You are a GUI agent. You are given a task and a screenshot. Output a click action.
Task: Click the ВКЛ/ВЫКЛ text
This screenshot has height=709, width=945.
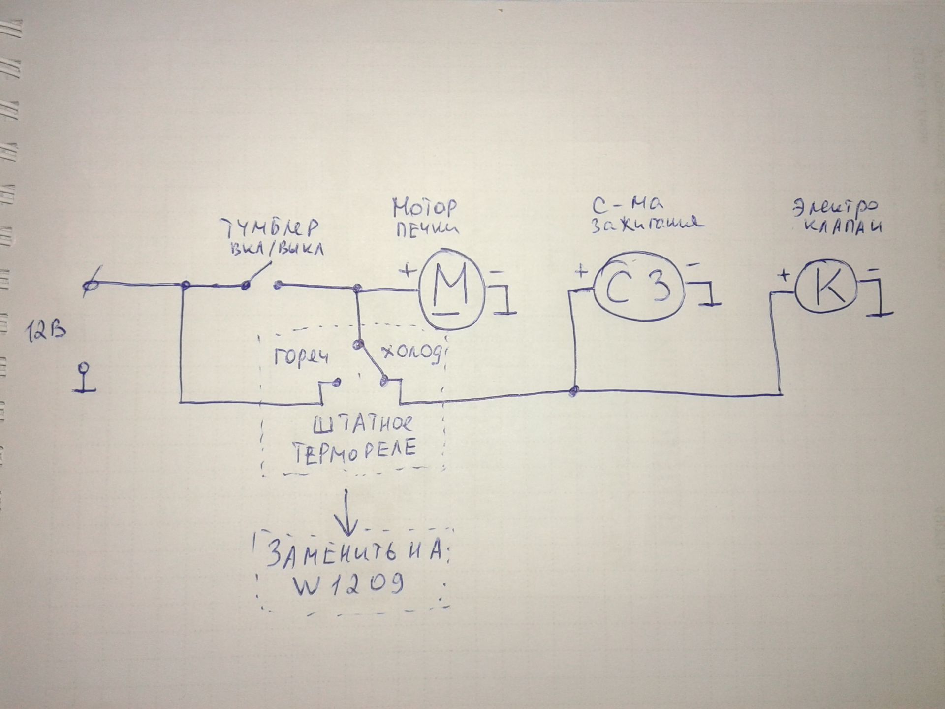[x=278, y=249]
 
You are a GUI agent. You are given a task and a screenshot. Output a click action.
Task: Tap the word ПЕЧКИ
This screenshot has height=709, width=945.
[x=426, y=229]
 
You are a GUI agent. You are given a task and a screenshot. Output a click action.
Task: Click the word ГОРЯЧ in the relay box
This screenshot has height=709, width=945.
[x=300, y=358]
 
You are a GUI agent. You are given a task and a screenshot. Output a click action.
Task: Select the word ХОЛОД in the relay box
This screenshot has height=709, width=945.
[x=411, y=353]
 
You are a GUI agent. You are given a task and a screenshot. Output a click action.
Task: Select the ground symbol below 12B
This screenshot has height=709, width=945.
[x=85, y=379]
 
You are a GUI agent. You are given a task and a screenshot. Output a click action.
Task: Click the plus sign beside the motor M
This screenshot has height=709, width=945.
[x=408, y=270]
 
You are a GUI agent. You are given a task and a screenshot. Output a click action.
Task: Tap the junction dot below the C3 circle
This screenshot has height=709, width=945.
[x=573, y=391]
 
